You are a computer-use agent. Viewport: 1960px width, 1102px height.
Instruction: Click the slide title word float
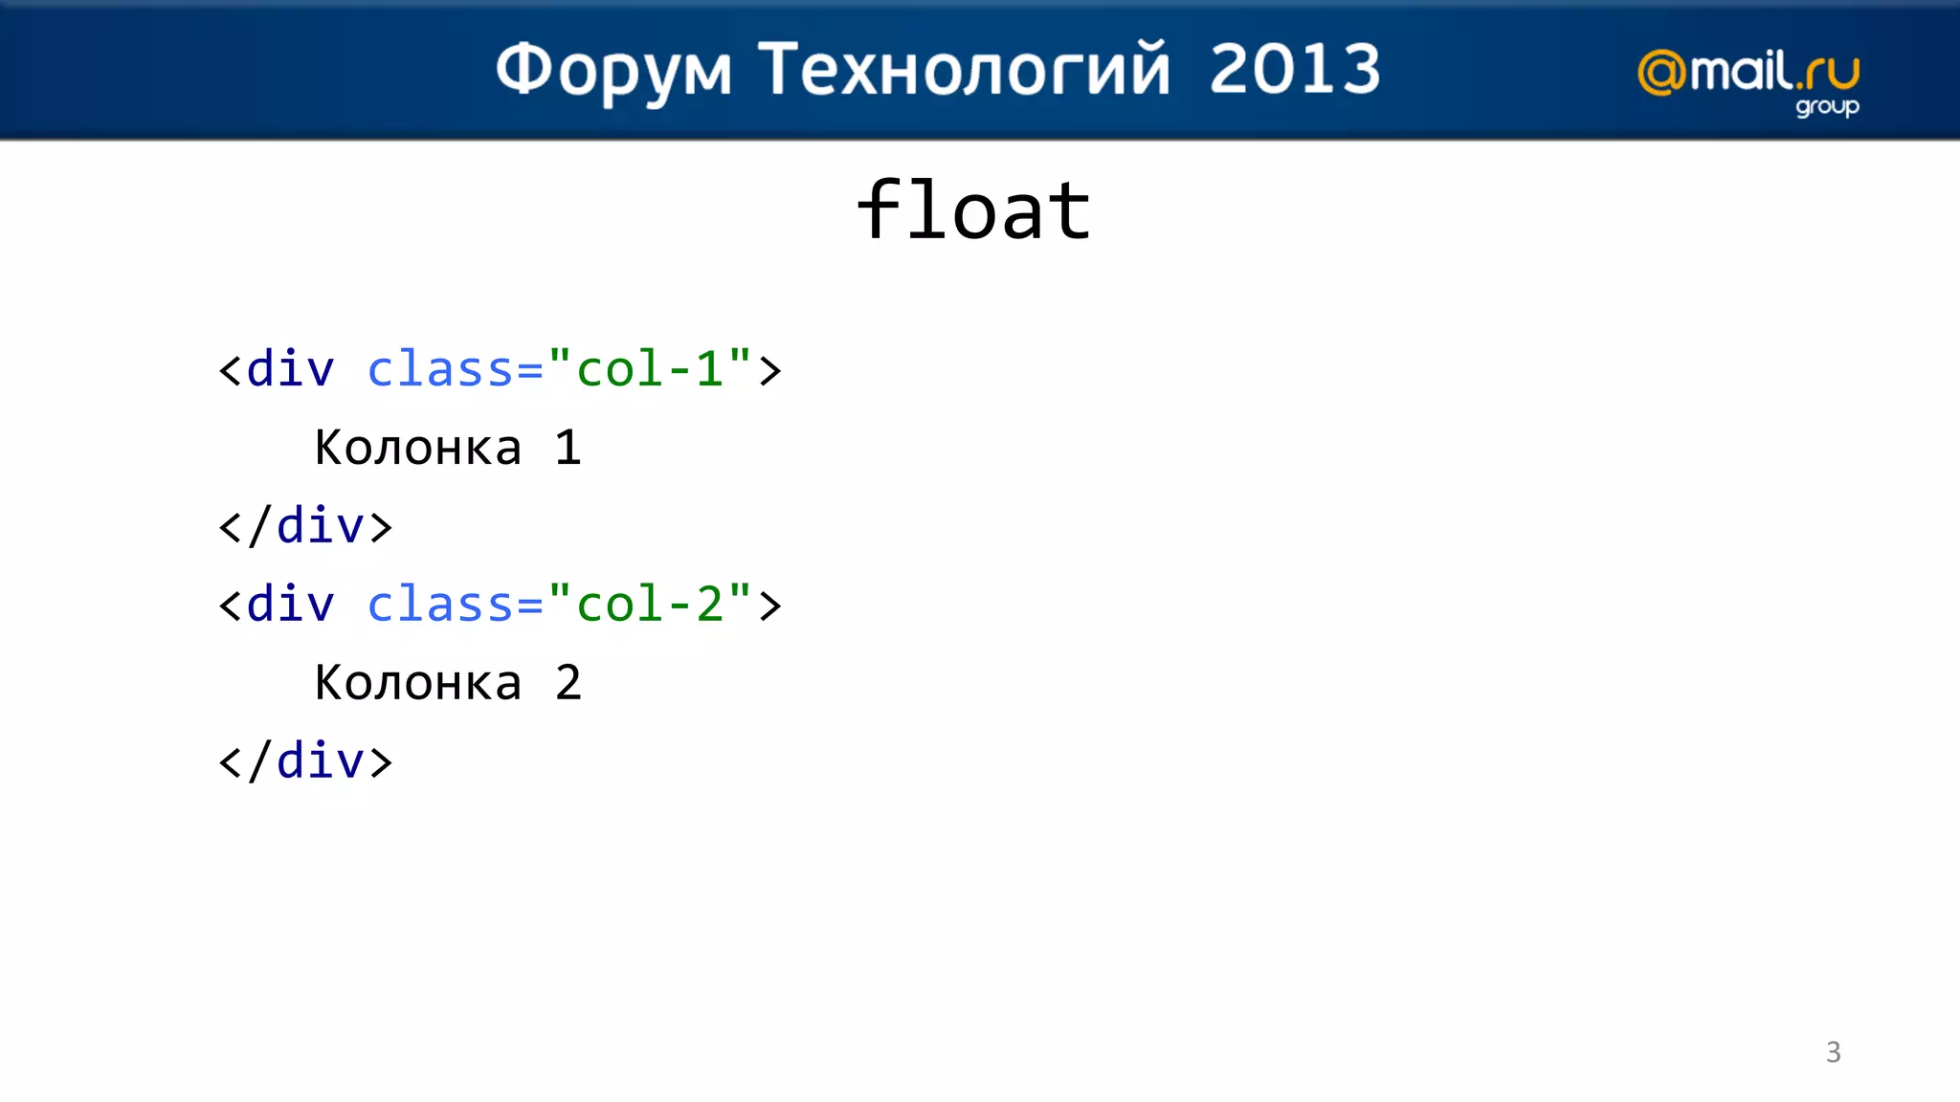tap(973, 210)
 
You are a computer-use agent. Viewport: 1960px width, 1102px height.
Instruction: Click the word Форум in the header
tap(613, 70)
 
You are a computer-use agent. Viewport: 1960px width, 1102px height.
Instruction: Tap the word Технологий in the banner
tap(964, 70)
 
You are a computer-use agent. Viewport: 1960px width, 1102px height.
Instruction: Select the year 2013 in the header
tap(1294, 70)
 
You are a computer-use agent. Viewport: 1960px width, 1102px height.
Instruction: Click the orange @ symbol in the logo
tap(1661, 73)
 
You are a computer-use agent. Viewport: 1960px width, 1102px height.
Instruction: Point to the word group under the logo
tap(1826, 106)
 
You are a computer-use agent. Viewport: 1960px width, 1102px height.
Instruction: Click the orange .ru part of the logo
tap(1828, 73)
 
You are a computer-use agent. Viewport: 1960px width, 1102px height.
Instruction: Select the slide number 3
tap(1833, 1052)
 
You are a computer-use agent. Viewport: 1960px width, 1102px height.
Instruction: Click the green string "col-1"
tap(650, 368)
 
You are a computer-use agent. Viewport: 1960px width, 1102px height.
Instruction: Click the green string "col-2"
tap(650, 604)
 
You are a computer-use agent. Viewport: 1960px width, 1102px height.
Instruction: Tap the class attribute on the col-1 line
tap(441, 369)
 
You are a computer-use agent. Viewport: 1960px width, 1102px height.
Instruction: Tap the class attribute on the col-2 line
tap(441, 605)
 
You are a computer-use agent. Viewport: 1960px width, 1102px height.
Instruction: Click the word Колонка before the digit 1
tap(418, 448)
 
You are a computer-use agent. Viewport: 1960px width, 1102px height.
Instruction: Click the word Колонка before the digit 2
tap(418, 683)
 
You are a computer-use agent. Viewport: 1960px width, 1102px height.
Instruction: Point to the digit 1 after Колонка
tap(568, 448)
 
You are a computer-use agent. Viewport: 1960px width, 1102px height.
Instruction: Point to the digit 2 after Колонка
tap(568, 683)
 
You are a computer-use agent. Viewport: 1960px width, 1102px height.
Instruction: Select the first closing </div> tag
tap(305, 526)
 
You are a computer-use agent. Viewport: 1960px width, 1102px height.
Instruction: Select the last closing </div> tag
tap(305, 761)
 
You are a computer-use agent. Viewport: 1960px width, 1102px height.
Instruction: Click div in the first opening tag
tap(290, 369)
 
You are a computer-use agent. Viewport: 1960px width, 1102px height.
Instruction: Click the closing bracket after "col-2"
tap(770, 606)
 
